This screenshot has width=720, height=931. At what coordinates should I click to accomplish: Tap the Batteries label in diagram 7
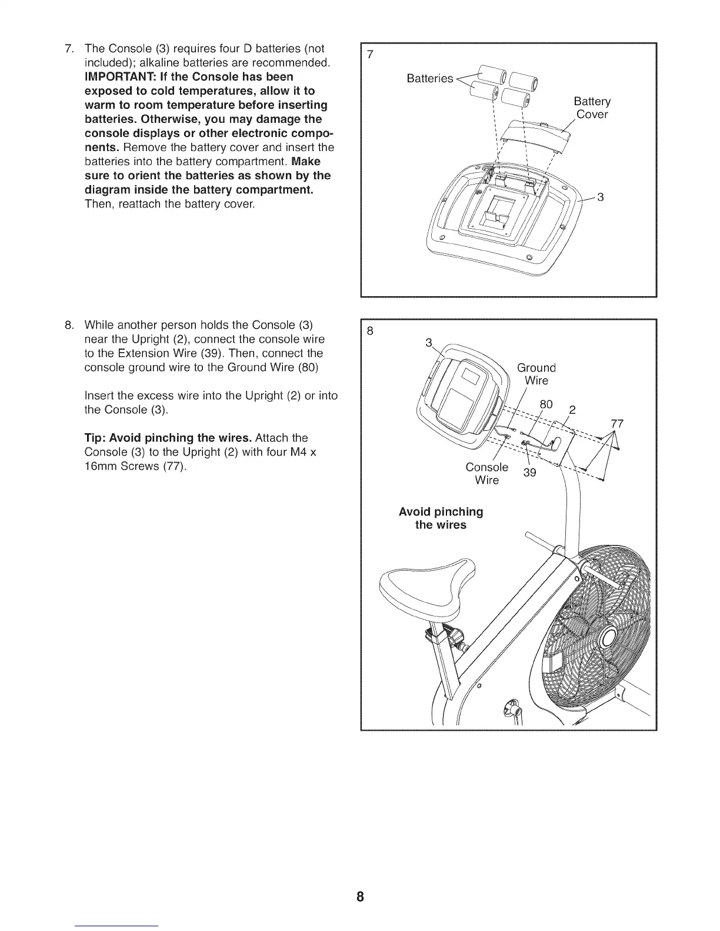[429, 79]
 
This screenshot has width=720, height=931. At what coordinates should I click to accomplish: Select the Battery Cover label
[592, 108]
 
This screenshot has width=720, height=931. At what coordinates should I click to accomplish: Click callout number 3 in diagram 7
[601, 197]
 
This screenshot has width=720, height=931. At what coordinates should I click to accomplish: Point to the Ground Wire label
[536, 374]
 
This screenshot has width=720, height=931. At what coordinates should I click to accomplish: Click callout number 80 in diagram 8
[546, 405]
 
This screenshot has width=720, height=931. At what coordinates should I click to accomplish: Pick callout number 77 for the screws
[617, 424]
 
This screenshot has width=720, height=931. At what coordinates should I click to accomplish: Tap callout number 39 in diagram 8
[529, 473]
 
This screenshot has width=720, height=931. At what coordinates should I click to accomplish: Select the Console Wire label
[486, 474]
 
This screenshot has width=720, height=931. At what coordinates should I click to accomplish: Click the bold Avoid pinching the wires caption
[441, 518]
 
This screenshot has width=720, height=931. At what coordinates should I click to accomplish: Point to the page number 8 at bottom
[360, 897]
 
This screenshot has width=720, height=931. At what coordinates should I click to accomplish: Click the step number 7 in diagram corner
[370, 55]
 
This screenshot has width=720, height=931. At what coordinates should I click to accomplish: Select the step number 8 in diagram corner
[370, 331]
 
